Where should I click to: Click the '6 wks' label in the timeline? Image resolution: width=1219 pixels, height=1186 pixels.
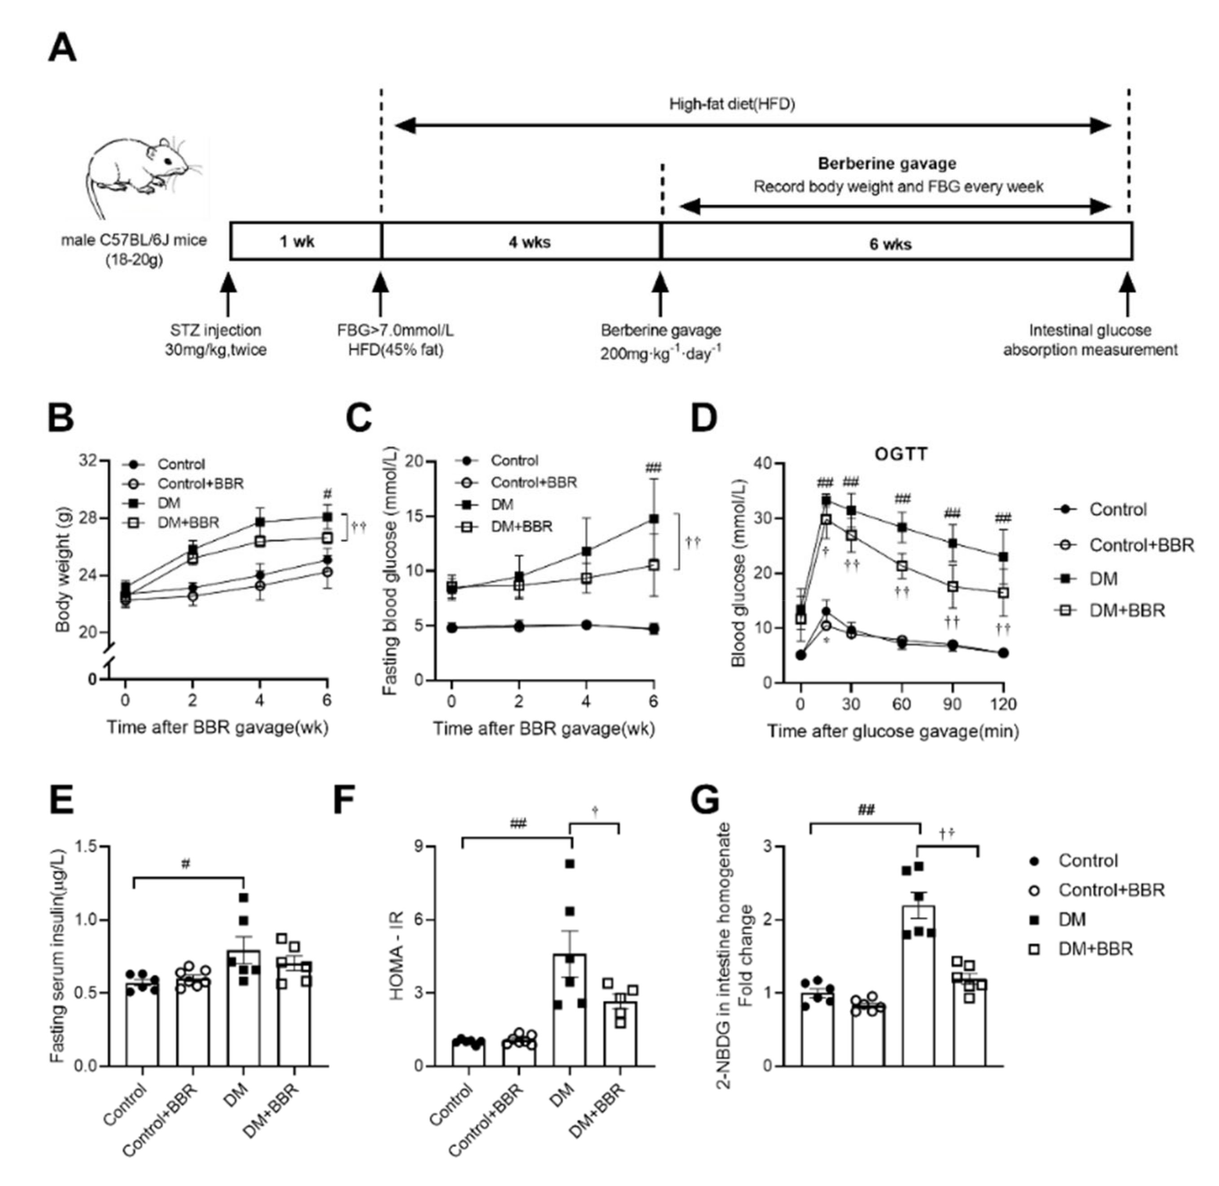(890, 243)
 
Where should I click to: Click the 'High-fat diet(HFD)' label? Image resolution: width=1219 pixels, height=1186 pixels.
(732, 104)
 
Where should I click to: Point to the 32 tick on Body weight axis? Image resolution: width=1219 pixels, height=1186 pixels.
(88, 461)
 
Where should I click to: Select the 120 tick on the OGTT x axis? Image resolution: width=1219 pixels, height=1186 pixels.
(1002, 704)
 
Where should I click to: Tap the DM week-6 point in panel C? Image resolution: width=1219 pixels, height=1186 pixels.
(653, 518)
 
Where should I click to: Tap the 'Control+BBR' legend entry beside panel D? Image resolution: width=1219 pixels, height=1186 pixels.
(1140, 545)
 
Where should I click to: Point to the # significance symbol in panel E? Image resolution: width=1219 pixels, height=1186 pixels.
(186, 864)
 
